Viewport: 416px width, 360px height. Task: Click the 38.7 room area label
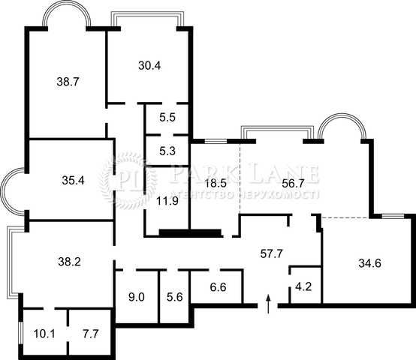click(68, 82)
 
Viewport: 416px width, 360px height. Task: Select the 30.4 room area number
click(149, 65)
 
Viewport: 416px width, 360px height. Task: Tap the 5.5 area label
click(167, 117)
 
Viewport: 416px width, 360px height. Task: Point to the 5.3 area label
click(167, 151)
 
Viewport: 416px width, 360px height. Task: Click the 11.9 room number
click(167, 201)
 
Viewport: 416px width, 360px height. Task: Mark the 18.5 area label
click(216, 183)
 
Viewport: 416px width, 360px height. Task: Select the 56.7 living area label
click(293, 183)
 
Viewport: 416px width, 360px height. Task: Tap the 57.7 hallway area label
click(272, 253)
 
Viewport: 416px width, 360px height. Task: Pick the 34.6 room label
click(370, 263)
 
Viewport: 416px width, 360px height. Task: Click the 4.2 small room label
click(303, 286)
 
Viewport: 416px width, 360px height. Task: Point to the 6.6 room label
click(218, 287)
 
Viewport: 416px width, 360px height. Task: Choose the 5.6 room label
click(175, 297)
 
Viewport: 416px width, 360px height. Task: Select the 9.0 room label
click(137, 297)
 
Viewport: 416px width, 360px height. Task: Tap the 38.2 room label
click(69, 262)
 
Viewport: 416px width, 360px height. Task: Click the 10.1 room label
click(44, 334)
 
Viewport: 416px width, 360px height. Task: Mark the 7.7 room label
click(90, 334)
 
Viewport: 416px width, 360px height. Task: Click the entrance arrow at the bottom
click(269, 304)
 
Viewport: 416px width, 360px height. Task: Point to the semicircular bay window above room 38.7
click(66, 5)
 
